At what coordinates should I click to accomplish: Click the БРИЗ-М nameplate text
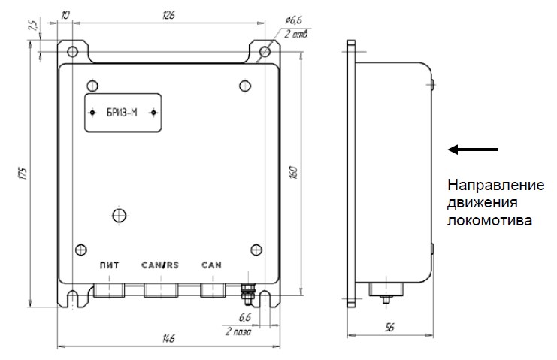(122, 113)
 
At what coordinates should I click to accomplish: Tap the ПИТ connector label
(109, 265)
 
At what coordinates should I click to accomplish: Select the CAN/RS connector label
(160, 265)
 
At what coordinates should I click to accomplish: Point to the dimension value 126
(168, 15)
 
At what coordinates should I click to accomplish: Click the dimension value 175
(23, 173)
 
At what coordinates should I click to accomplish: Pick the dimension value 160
(293, 172)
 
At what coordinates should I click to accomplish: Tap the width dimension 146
(168, 338)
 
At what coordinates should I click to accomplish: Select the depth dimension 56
(389, 328)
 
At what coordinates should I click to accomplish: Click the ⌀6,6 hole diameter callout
(293, 20)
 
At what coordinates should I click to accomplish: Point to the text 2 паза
(238, 331)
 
